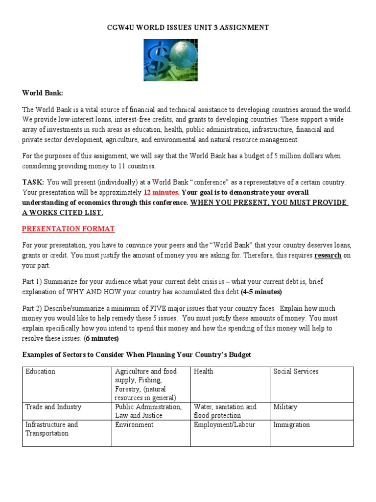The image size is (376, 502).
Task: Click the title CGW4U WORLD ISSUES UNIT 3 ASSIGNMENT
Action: click(x=188, y=28)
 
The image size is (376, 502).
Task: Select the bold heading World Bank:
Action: click(x=43, y=93)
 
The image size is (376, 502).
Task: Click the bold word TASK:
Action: click(x=33, y=182)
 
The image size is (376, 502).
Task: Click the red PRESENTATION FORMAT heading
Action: click(x=69, y=229)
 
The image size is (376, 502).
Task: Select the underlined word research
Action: click(x=328, y=255)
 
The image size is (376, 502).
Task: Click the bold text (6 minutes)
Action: click(x=102, y=338)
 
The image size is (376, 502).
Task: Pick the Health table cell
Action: click(x=204, y=372)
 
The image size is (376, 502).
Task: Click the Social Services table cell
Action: click(x=296, y=372)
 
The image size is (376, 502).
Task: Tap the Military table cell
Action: click(x=285, y=407)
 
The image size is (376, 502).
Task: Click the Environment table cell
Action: click(x=134, y=425)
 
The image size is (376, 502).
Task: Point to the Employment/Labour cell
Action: click(x=224, y=425)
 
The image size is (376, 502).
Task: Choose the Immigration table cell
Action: click(x=291, y=425)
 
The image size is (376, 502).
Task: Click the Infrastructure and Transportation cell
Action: click(x=51, y=429)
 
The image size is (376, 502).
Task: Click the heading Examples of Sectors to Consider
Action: click(x=137, y=354)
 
